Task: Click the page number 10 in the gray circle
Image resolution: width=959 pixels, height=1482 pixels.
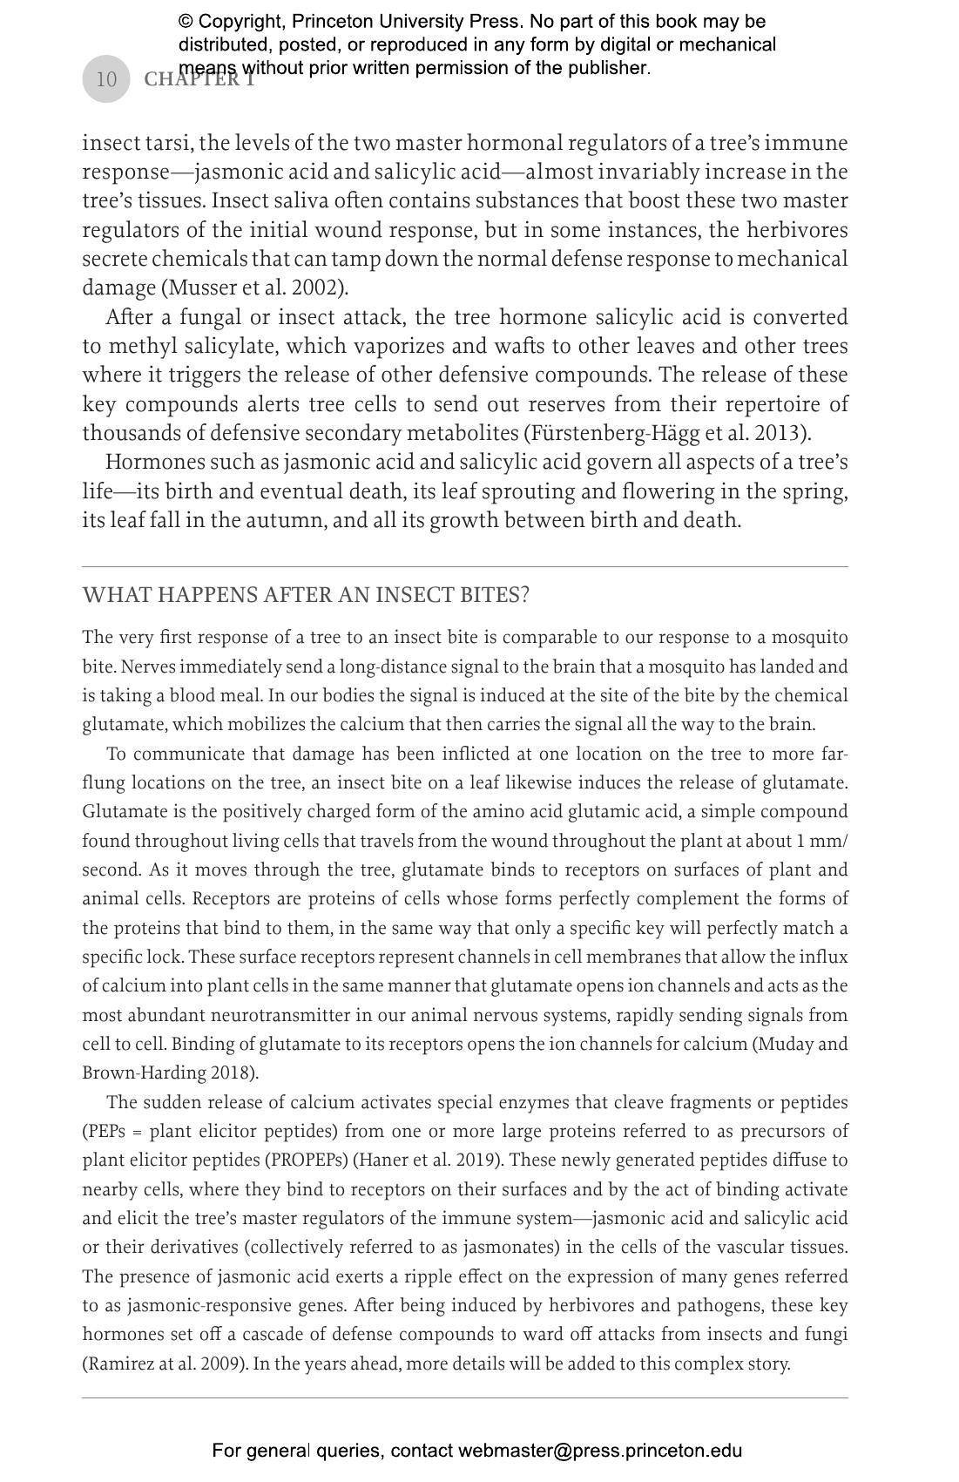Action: [x=105, y=79]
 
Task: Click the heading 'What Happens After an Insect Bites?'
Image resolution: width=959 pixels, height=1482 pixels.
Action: [x=306, y=595]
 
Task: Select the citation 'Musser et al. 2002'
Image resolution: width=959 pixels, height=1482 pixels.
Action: [x=254, y=288]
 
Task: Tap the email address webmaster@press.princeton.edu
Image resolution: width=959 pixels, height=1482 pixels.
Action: [x=600, y=1451]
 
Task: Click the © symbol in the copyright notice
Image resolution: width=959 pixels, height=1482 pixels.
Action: [x=186, y=21]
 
